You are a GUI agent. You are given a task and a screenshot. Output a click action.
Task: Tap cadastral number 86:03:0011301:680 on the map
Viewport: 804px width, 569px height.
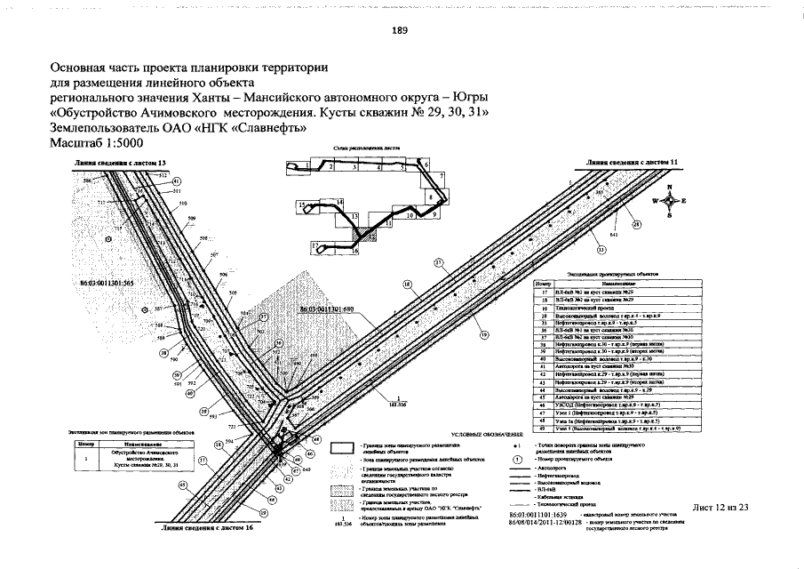click(x=327, y=309)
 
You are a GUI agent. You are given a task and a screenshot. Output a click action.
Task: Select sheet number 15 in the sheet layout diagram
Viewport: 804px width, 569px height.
click(x=302, y=205)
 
